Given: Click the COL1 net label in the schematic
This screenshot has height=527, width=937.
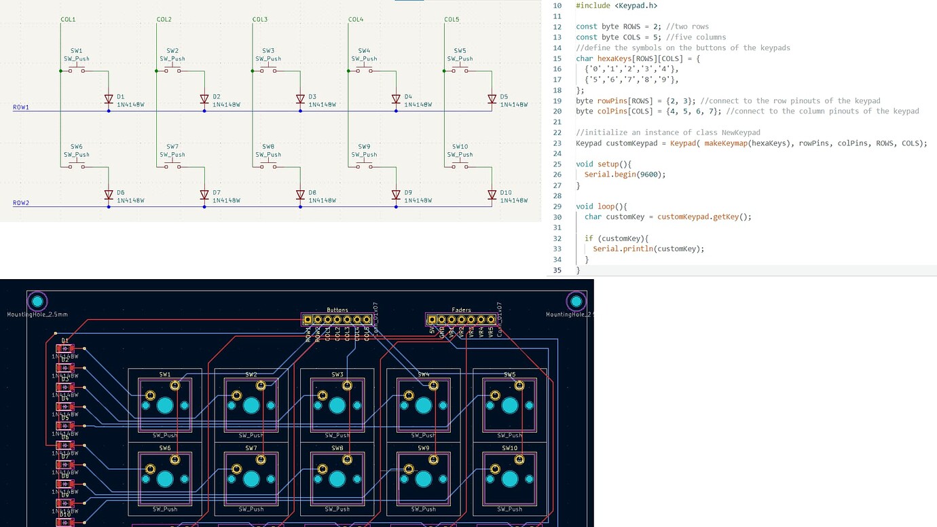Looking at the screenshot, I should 68,20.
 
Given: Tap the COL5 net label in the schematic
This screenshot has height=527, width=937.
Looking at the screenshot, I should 452,20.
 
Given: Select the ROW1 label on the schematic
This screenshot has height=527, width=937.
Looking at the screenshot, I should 21,107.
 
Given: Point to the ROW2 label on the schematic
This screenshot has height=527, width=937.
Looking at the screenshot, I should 21,203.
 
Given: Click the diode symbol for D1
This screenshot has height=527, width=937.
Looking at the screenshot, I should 109,99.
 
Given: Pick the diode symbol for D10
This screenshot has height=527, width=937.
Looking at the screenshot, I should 492,195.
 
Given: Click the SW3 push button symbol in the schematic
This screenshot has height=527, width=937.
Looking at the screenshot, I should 268,70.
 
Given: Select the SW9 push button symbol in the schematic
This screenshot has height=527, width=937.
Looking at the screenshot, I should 364,166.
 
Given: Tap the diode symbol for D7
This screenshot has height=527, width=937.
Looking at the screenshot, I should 204,195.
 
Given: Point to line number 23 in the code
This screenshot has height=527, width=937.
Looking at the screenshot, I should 557,143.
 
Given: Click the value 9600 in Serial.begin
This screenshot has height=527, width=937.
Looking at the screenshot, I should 650,175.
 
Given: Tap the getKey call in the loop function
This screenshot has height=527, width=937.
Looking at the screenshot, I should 726,217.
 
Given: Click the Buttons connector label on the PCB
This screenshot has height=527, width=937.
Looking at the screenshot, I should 337,310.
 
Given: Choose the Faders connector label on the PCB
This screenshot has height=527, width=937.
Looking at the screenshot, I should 461,310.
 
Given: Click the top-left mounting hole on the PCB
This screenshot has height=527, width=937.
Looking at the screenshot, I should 37,301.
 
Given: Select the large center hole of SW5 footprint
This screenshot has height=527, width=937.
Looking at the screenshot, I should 509,405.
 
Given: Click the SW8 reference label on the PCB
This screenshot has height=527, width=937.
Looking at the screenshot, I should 337,448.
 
